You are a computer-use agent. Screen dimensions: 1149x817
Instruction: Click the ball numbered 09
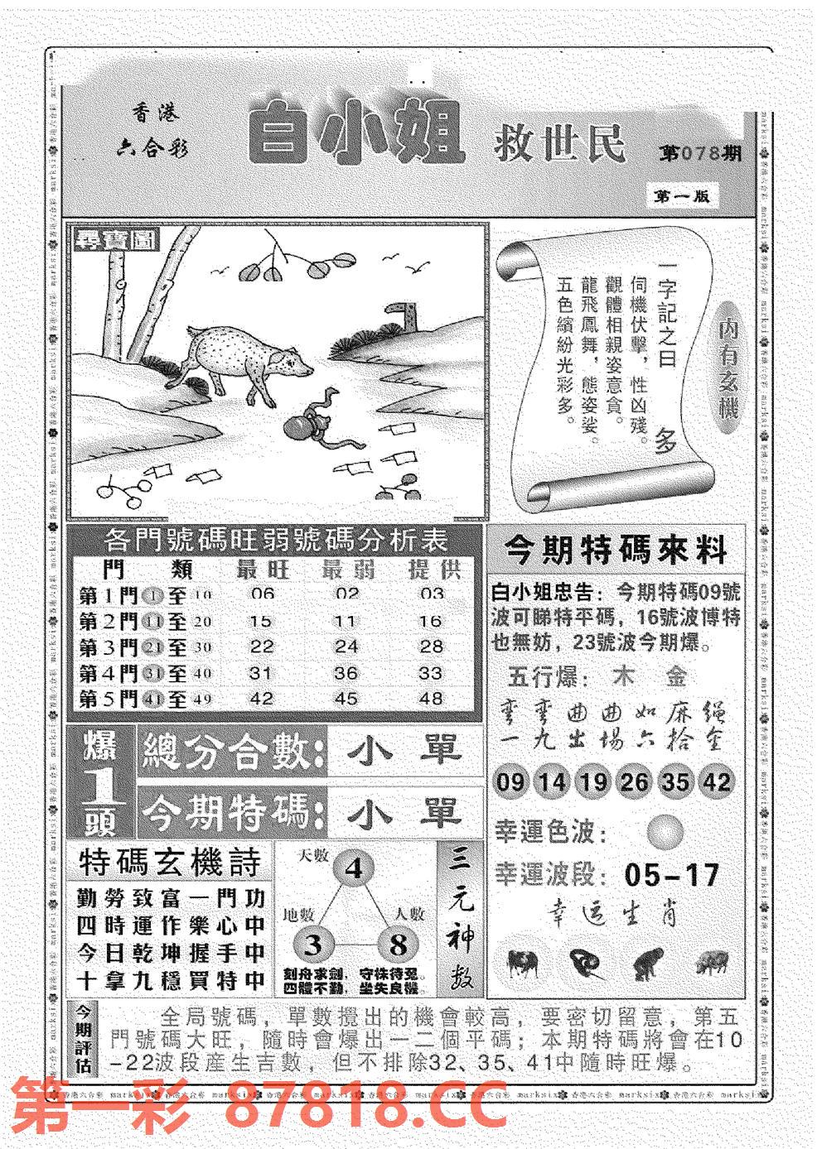click(511, 781)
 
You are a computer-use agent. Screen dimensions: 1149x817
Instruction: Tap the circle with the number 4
click(354, 869)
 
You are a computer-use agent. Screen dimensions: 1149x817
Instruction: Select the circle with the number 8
click(399, 945)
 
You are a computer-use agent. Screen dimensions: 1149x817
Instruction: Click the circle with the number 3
click(313, 945)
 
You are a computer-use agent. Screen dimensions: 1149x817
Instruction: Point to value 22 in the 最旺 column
click(261, 647)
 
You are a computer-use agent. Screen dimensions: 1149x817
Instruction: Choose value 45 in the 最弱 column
click(346, 699)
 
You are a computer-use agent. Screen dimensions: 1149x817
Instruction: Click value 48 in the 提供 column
click(431, 699)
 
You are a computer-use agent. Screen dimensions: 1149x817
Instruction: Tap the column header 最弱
click(347, 570)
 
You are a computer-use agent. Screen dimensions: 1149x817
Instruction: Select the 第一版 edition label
click(681, 196)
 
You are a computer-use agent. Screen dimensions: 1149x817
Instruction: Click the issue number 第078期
click(700, 155)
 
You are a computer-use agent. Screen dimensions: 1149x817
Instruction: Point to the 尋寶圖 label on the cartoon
click(116, 241)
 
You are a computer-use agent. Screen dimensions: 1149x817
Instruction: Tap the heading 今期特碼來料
click(615, 550)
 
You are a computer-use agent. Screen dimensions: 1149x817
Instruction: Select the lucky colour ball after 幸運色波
click(666, 830)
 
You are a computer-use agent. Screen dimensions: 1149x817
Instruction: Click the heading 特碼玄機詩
click(170, 863)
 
